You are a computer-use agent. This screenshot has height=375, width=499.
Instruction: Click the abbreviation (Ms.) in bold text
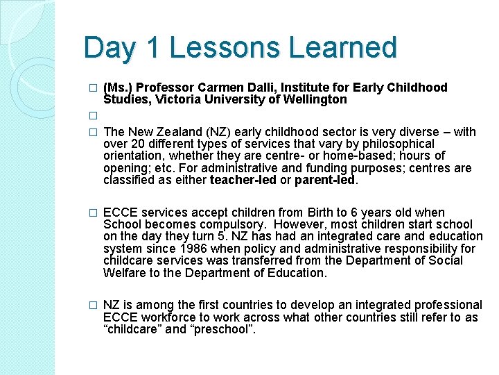pyautogui.click(x=118, y=87)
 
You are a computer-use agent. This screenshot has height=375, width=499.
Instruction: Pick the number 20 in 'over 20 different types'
pyautogui.click(x=135, y=144)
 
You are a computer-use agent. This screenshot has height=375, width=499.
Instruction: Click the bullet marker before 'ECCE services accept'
pyautogui.click(x=94, y=213)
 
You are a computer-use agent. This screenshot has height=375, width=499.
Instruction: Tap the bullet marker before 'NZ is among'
pyautogui.click(x=94, y=306)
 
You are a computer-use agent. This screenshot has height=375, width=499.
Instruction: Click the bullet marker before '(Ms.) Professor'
pyautogui.click(x=94, y=88)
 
